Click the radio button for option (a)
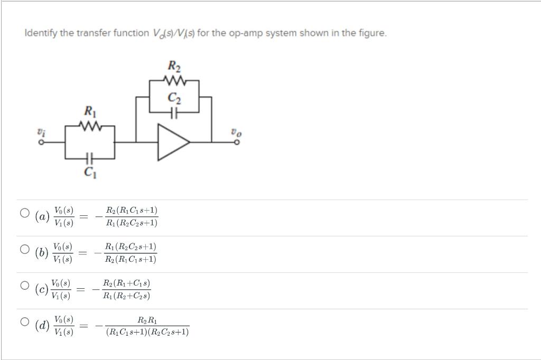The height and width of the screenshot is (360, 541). pos(24,213)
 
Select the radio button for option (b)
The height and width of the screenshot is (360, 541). pos(24,249)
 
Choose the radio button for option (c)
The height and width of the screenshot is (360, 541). pos(24,286)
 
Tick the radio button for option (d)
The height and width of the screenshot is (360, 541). pos(24,321)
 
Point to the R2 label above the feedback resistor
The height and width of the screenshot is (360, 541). pos(174,67)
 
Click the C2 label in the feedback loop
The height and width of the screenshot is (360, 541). pos(174,97)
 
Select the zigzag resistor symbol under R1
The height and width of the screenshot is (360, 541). pos(89,126)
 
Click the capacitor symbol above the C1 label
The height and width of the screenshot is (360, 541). pos(89,158)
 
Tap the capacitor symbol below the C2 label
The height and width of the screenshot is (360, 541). pos(174,111)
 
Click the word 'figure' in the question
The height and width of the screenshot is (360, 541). pos(373,33)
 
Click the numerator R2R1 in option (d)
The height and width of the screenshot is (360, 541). pos(146,320)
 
